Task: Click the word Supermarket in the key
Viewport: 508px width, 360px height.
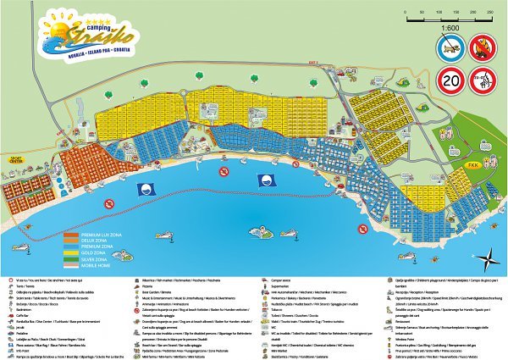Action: [270, 285]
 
